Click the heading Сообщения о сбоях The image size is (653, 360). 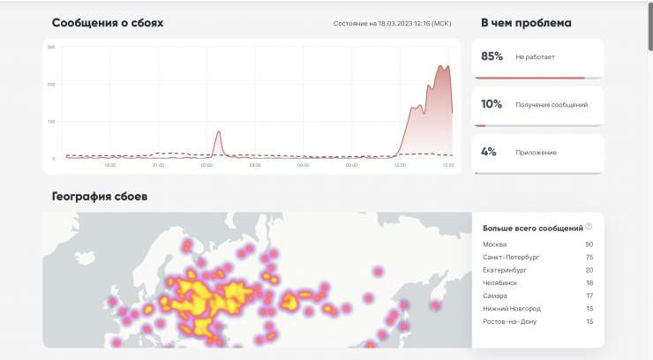click(107, 23)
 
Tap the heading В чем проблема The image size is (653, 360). click(526, 23)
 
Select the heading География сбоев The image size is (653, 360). click(99, 196)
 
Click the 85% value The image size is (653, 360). click(492, 56)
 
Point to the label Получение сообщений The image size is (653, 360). click(552, 104)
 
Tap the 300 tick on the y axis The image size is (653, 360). click(51, 47)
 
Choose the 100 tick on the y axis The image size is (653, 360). click(51, 122)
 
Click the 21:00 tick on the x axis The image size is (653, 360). click(158, 165)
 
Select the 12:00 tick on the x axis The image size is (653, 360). click(400, 165)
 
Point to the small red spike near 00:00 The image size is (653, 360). click(219, 133)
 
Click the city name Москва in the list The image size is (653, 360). click(494, 244)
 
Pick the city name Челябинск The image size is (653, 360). click(500, 282)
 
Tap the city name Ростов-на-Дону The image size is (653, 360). click(509, 321)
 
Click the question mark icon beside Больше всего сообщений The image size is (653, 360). click(589, 226)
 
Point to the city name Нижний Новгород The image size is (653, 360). click(512, 308)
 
